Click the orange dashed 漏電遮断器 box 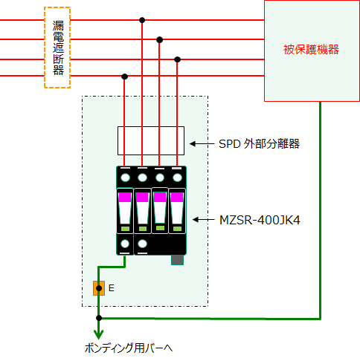pyautogui.click(x=45, y=48)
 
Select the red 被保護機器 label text pyautogui.click(x=311, y=50)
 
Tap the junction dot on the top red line pyautogui.click(x=142, y=20)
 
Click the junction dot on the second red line pyautogui.click(x=160, y=39)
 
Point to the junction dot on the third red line pyautogui.click(x=177, y=59)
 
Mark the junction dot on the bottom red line pyautogui.click(x=124, y=77)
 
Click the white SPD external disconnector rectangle pyautogui.click(x=151, y=140)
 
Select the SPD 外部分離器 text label pyautogui.click(x=259, y=143)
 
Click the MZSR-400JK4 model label pyautogui.click(x=260, y=220)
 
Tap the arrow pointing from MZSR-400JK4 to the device pyautogui.click(x=203, y=220)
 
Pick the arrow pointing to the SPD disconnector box pyautogui.click(x=202, y=143)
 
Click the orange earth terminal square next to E pyautogui.click(x=99, y=288)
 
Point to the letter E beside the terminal pyautogui.click(x=112, y=288)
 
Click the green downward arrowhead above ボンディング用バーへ pyautogui.click(x=99, y=334)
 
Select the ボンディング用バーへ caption pyautogui.click(x=129, y=348)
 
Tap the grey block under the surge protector pyautogui.click(x=177, y=260)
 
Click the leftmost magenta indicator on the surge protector pyautogui.click(x=125, y=198)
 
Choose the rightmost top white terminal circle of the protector pyautogui.click(x=177, y=178)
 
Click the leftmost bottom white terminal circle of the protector pyautogui.click(x=125, y=244)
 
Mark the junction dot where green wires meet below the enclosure pyautogui.click(x=99, y=318)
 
